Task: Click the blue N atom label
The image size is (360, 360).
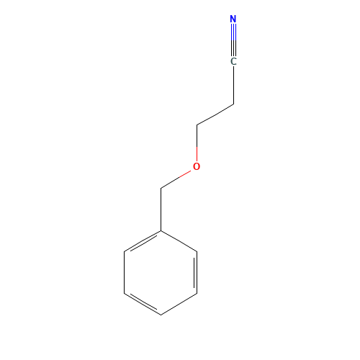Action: click(233, 19)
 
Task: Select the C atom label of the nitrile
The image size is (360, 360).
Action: click(233, 61)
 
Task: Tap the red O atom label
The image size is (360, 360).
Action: click(197, 166)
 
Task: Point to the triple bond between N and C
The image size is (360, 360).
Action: click(233, 40)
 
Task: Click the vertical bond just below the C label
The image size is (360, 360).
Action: click(233, 85)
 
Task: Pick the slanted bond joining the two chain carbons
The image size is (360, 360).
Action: click(215, 114)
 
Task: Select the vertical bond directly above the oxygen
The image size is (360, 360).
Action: click(197, 143)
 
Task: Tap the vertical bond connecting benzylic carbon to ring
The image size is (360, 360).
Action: click(161, 210)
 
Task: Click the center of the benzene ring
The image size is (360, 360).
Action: click(161, 273)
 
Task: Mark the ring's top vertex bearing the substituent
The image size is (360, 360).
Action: click(161, 230)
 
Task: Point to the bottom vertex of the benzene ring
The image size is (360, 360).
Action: click(161, 315)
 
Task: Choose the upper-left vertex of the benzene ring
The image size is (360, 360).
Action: click(125, 251)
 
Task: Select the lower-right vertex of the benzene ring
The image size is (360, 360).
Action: click(197, 294)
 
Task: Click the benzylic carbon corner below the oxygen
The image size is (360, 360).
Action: click(161, 188)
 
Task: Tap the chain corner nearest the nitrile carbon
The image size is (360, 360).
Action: click(233, 104)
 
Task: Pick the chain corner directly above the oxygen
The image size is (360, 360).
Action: click(197, 125)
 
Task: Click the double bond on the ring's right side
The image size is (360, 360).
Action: click(196, 273)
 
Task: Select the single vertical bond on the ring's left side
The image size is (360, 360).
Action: click(125, 273)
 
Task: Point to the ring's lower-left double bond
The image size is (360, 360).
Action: click(143, 303)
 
